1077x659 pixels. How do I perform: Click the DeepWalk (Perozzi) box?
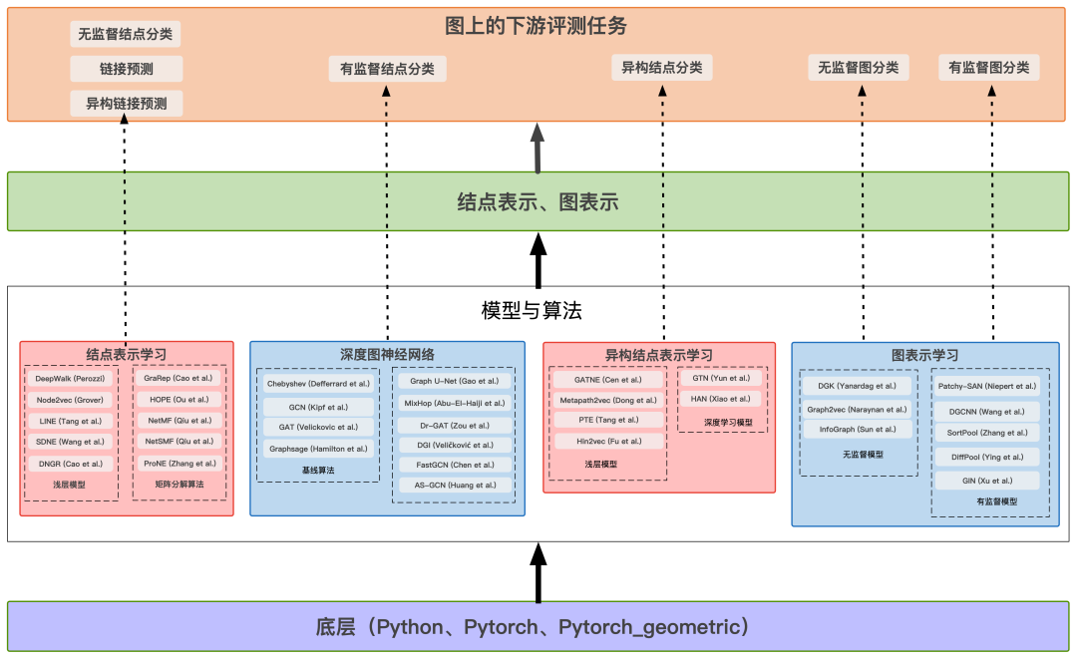70,379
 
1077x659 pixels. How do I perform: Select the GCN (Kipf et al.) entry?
318,407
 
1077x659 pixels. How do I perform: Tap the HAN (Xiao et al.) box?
720,399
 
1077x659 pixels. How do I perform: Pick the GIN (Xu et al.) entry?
986,481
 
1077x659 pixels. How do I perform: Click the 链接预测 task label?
127,69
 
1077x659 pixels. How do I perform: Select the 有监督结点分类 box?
387,69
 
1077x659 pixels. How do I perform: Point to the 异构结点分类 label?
662,68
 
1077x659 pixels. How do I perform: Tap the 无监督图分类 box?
859,68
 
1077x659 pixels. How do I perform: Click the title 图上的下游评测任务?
537,26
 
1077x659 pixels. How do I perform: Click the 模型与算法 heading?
532,311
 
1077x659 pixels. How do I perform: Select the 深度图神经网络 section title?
387,354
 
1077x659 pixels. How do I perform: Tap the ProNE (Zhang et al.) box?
179,463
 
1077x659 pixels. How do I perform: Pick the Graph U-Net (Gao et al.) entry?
454,381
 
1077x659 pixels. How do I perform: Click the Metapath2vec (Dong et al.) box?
607,400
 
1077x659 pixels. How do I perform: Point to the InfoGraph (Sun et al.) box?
858,430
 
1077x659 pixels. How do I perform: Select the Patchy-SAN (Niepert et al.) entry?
986,386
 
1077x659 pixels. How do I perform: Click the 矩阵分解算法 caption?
179,485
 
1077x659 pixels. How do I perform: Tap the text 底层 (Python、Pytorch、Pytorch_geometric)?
533,628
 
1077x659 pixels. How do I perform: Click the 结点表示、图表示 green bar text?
538,202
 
